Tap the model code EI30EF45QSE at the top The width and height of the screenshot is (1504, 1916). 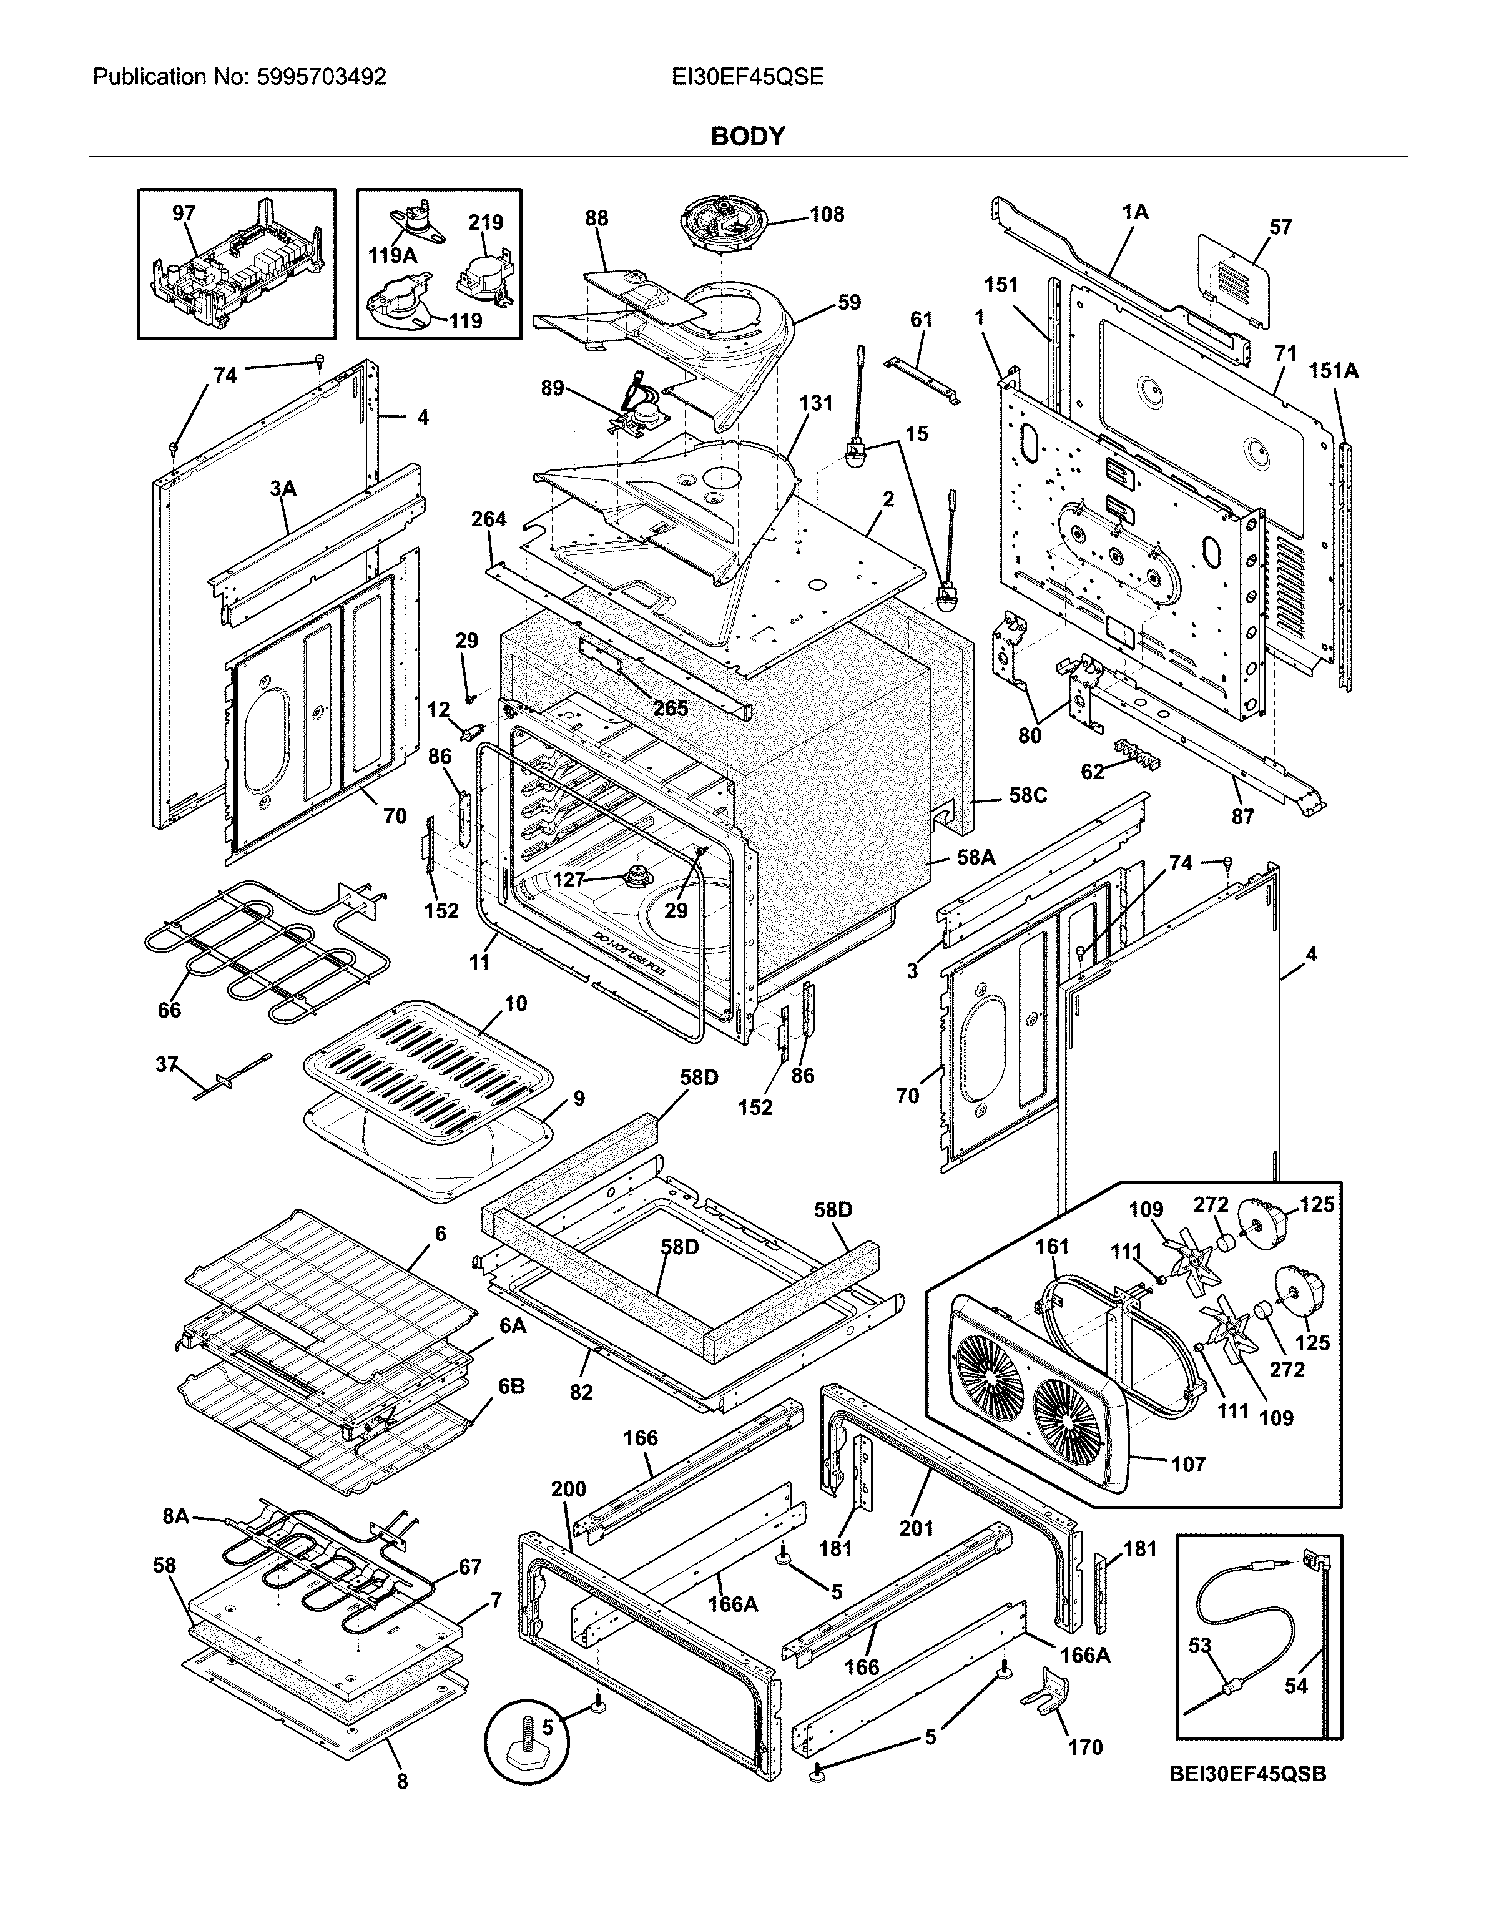point(747,77)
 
